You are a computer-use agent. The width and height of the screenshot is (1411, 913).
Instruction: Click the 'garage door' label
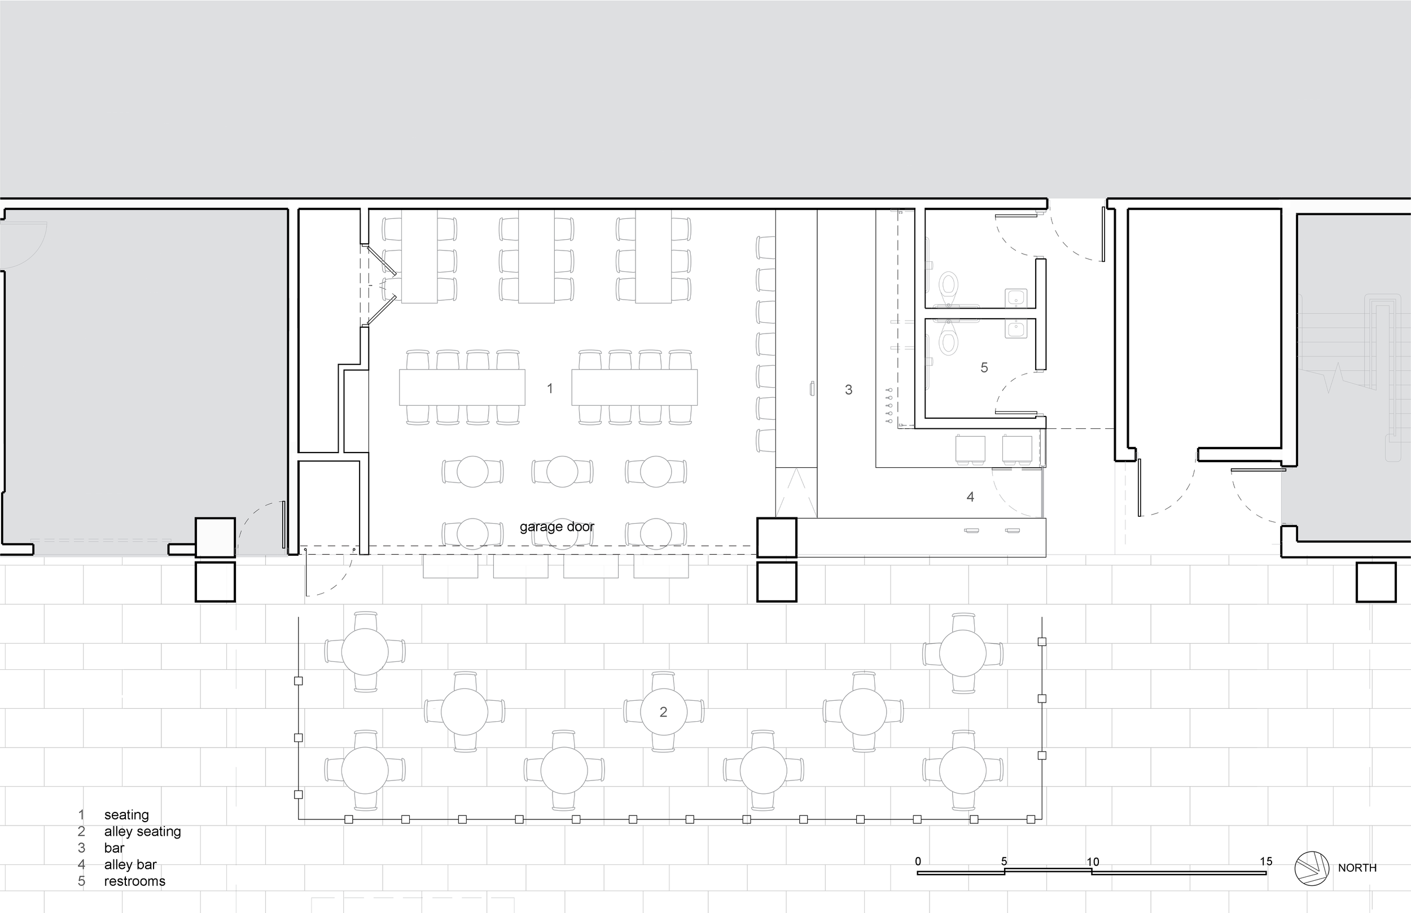pyautogui.click(x=556, y=527)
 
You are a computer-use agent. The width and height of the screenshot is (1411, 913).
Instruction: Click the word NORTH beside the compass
pyautogui.click(x=1357, y=868)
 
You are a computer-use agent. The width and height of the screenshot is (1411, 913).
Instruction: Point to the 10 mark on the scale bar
pyautogui.click(x=1093, y=862)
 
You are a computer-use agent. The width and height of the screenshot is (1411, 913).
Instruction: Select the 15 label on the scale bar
pyautogui.click(x=1266, y=862)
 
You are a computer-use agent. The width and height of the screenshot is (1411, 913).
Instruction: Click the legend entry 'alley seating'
pyautogui.click(x=142, y=832)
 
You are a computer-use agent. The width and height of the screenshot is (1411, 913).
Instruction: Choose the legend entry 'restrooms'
pyautogui.click(x=134, y=881)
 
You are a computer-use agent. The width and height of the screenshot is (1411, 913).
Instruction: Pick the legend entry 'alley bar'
pyautogui.click(x=130, y=865)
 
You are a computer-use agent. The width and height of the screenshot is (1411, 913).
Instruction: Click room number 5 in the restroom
pyautogui.click(x=984, y=367)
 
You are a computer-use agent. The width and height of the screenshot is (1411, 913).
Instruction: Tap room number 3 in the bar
pyautogui.click(x=848, y=389)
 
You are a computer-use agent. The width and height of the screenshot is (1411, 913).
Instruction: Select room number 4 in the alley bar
pyautogui.click(x=970, y=497)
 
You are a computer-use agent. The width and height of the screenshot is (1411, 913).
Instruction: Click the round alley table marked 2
pyautogui.click(x=663, y=712)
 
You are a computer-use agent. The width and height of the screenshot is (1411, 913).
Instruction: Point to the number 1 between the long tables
pyautogui.click(x=550, y=388)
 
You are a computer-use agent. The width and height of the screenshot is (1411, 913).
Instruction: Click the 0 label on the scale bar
pyautogui.click(x=918, y=862)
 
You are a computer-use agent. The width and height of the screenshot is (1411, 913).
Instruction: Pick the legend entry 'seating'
pyautogui.click(x=126, y=815)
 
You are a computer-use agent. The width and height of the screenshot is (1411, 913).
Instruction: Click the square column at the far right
pyautogui.click(x=1376, y=582)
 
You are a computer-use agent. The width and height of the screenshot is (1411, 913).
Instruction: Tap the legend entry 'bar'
pyautogui.click(x=114, y=848)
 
